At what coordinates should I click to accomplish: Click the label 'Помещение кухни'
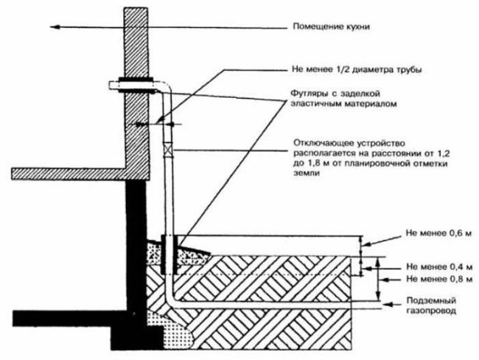coord(332,27)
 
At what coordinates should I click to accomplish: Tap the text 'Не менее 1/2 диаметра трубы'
coord(357,70)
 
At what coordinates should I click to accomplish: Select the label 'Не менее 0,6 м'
coord(438,233)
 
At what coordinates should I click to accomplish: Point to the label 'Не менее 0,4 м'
coord(439,267)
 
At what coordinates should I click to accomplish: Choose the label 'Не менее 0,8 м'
coord(439,279)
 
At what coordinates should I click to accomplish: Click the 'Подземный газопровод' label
coord(431,306)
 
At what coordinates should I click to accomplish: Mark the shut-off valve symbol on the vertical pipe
coord(169,149)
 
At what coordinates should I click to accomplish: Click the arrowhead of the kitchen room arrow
coord(54,27)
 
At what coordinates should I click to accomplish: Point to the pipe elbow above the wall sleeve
coord(166,88)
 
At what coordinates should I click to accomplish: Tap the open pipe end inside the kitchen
coord(111,85)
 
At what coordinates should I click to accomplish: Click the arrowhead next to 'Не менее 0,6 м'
coord(366,244)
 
